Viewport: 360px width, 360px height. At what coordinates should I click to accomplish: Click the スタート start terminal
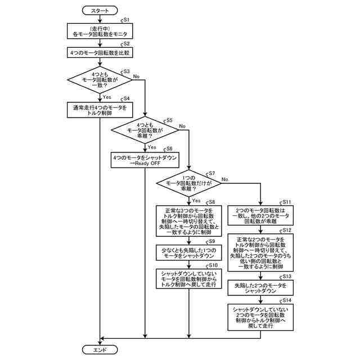pyautogui.click(x=100, y=10)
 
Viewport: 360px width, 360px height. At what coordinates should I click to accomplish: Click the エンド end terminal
pyautogui.click(x=100, y=349)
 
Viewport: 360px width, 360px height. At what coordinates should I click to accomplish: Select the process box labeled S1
pyautogui.click(x=100, y=31)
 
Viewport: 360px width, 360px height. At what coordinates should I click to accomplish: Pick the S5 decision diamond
pyautogui.click(x=145, y=130)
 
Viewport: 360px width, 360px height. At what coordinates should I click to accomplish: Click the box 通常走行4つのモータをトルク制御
pyautogui.click(x=100, y=109)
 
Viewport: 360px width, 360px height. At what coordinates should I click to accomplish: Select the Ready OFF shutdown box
pyautogui.click(x=145, y=160)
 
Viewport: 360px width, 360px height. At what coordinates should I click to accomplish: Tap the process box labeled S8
pyautogui.click(x=189, y=220)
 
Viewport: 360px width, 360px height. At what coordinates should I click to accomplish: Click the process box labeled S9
pyautogui.click(x=189, y=251)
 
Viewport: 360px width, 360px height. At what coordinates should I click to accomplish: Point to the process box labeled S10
pyautogui.click(x=189, y=278)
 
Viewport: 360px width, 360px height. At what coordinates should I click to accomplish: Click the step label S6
pyautogui.click(x=168, y=148)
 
